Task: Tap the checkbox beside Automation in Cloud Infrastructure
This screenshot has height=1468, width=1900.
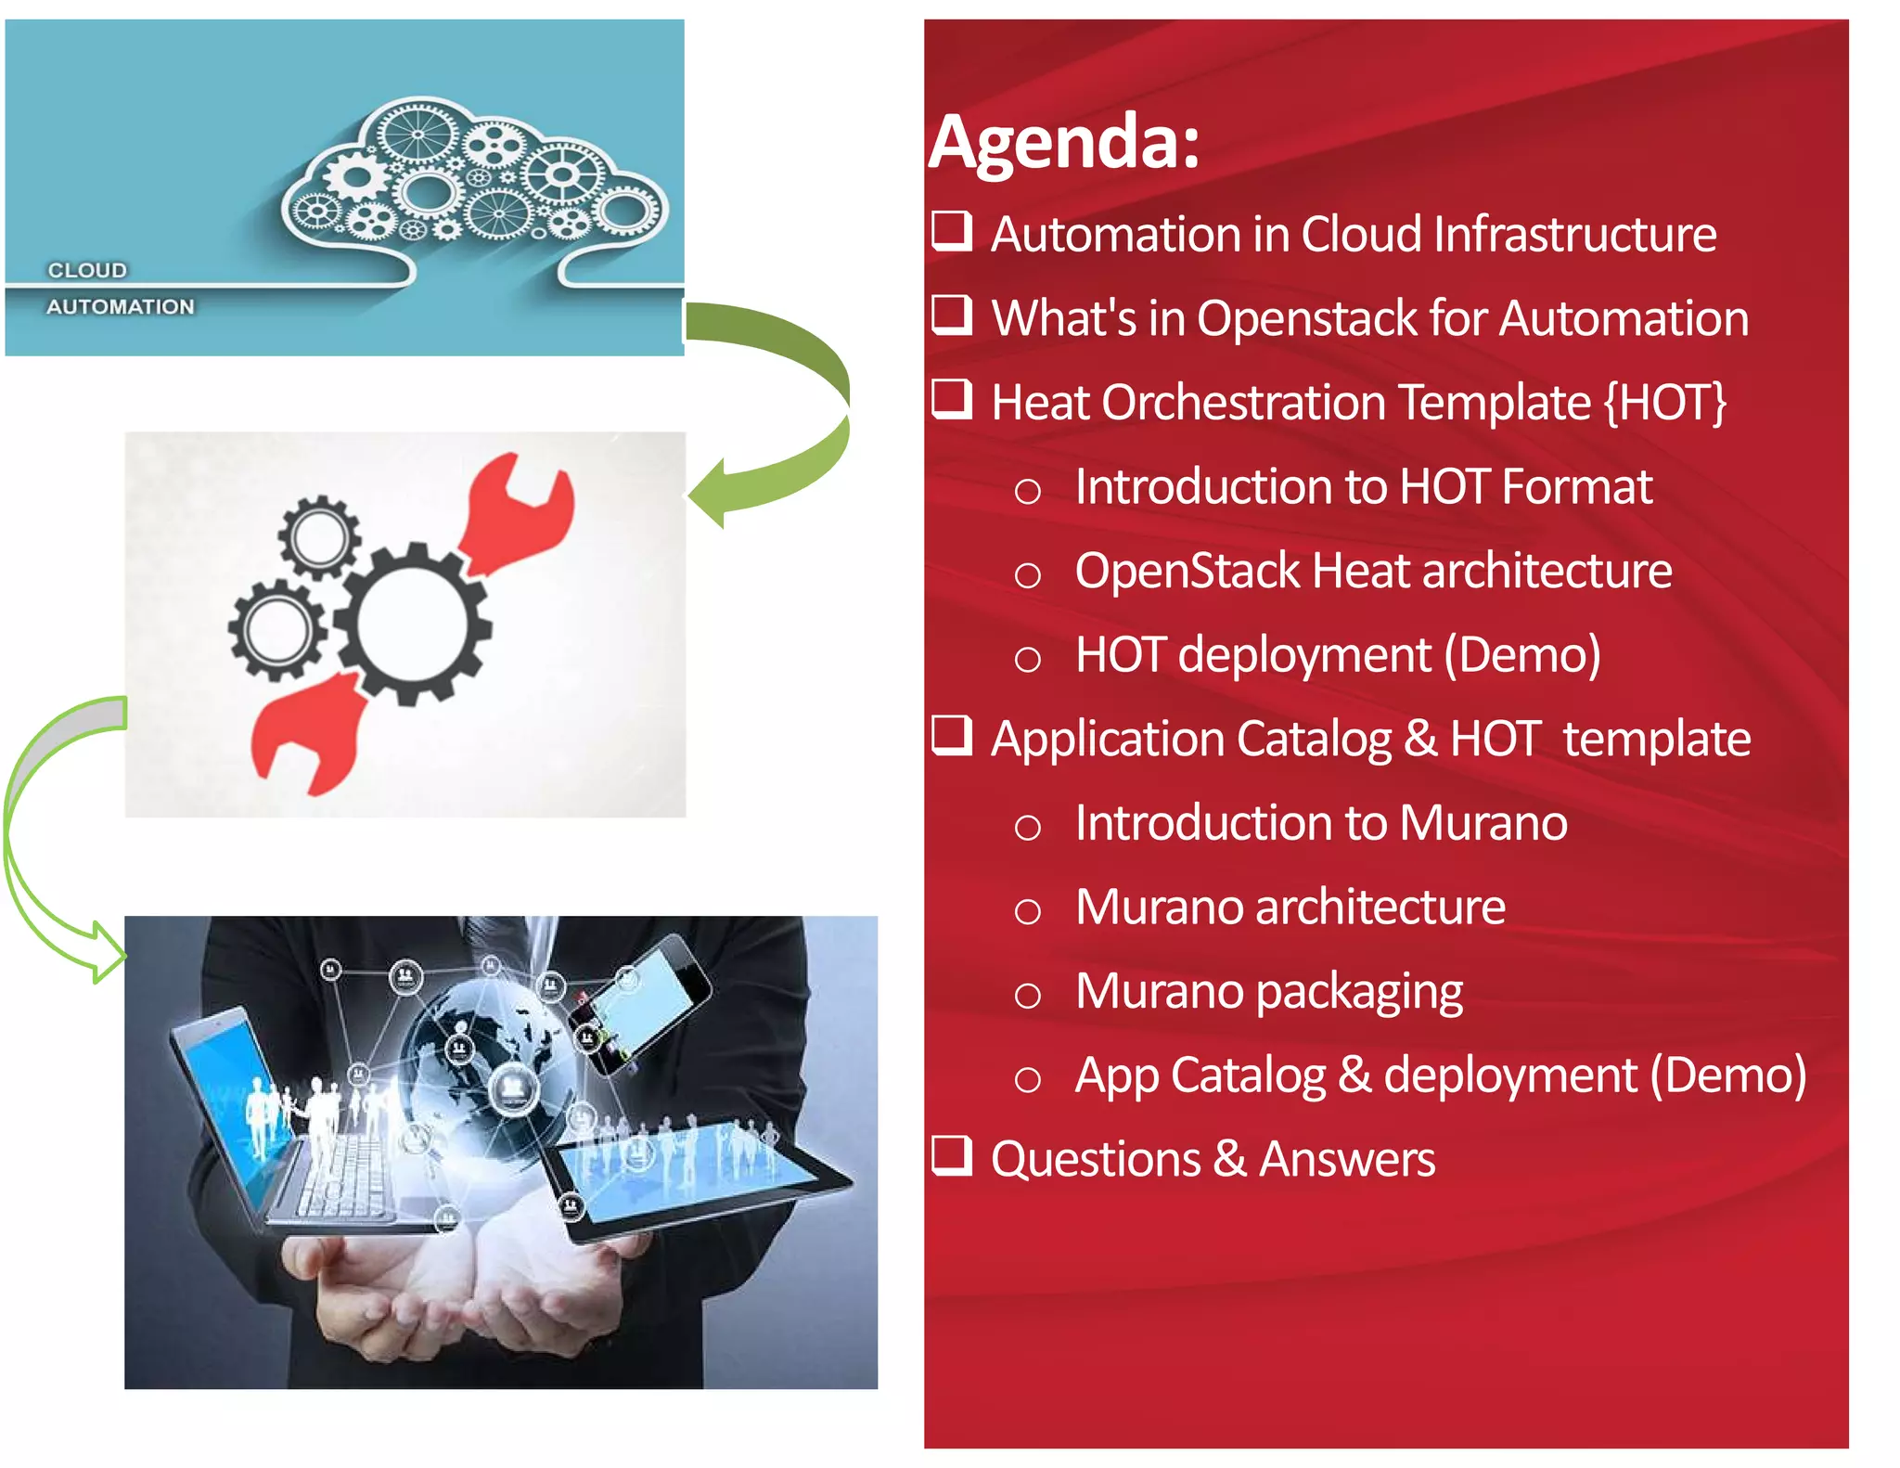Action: click(x=952, y=230)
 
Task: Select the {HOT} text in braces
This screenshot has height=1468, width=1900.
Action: click(x=1664, y=403)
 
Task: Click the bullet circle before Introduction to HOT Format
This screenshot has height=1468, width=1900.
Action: click(x=1027, y=490)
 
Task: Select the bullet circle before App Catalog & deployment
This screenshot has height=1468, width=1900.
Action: click(x=1027, y=1079)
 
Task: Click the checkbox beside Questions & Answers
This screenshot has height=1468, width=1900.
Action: click(x=952, y=1155)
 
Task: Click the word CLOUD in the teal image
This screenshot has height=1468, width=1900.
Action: click(x=87, y=270)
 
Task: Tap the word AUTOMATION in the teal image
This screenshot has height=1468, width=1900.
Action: click(x=121, y=307)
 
